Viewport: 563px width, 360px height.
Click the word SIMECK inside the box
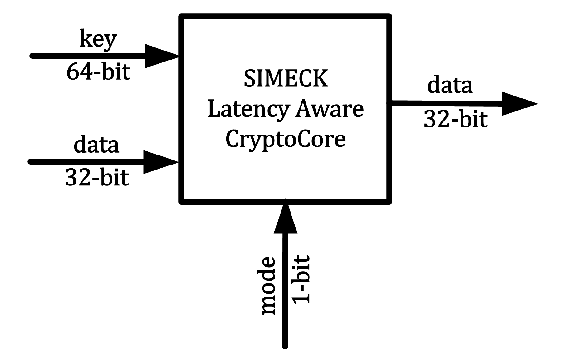coord(286,79)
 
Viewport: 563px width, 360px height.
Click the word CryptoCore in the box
coord(285,139)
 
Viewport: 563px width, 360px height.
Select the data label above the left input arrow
coord(96,145)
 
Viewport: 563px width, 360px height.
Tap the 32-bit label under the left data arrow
coord(97,178)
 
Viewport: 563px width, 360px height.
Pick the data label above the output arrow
coord(450,85)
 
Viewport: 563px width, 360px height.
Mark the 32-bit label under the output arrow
coord(455,119)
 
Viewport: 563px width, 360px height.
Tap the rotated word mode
coord(268,285)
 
